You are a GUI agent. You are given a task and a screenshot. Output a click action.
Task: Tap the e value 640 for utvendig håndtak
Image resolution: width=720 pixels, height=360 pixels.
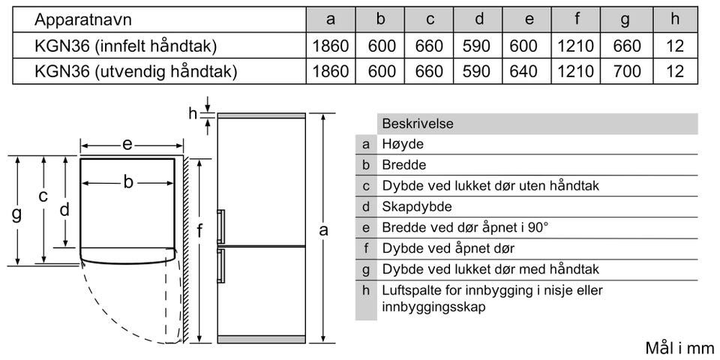(523, 71)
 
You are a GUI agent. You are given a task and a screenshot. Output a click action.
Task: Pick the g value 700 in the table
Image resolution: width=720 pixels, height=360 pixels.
(627, 71)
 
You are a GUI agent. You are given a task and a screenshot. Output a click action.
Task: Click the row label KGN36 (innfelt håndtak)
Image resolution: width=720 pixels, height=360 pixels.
(125, 46)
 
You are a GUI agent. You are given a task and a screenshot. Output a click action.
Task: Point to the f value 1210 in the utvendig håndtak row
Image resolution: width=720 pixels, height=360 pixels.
(575, 71)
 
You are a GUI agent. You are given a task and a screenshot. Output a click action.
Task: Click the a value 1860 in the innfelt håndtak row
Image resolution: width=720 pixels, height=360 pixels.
(331, 46)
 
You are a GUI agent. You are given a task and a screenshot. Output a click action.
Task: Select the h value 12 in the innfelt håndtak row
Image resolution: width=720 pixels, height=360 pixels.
(675, 46)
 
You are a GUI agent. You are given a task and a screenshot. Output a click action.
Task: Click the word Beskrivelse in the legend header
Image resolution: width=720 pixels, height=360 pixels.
(418, 124)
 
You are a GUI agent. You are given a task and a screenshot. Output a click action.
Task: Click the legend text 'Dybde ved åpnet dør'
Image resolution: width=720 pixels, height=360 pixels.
(448, 248)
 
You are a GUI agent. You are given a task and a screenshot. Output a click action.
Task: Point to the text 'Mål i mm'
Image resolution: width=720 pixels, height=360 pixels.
(679, 348)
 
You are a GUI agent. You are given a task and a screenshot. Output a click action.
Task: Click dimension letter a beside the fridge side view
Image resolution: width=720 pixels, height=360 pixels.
(323, 230)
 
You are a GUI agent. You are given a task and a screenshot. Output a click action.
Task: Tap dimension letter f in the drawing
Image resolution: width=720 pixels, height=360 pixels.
(199, 232)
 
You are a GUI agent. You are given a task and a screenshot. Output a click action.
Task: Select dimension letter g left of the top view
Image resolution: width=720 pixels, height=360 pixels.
(16, 214)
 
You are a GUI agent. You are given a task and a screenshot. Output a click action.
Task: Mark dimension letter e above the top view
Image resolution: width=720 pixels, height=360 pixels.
(127, 144)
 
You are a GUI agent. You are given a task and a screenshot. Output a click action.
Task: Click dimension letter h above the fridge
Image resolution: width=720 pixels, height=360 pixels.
(193, 114)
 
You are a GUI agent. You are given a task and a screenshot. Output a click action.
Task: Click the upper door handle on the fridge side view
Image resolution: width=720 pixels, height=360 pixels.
(220, 226)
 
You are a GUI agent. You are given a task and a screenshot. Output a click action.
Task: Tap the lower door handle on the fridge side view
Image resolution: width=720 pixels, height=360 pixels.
(220, 267)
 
